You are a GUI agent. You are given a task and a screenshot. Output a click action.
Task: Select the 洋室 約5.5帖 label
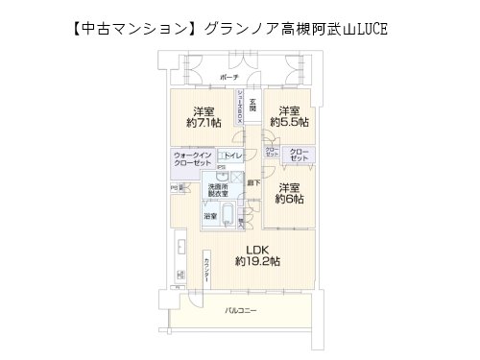289,116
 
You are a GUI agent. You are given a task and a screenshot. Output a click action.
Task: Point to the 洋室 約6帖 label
289,193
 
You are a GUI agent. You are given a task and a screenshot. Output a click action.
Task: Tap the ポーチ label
228,76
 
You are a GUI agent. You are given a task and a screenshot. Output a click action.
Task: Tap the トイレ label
233,156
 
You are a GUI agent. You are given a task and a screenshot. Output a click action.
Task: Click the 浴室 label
210,218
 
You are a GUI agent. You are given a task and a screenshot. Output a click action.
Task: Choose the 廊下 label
252,180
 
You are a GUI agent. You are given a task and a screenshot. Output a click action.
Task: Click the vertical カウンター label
205,270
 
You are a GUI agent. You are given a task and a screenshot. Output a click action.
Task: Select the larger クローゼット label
300,156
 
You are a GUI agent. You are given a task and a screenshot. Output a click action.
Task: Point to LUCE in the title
373,31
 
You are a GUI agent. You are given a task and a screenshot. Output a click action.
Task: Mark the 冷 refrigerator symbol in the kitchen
176,188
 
